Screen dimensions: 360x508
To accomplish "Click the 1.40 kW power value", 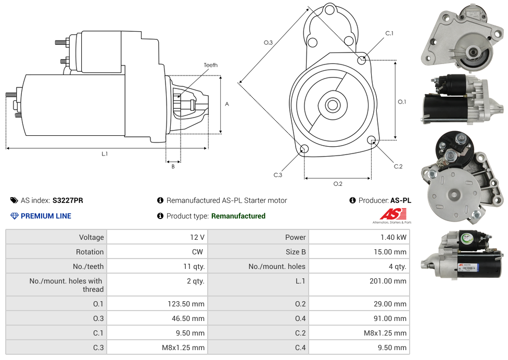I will (x=395, y=237).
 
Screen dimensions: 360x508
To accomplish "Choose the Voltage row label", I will (x=91, y=237).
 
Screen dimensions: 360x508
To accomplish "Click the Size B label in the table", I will (x=296, y=252).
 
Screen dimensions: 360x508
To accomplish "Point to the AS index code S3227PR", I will (x=68, y=200).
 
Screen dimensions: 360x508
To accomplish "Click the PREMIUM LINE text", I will (x=46, y=216).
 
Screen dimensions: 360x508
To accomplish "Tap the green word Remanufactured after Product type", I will (x=238, y=216).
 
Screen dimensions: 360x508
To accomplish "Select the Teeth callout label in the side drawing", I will (x=211, y=65).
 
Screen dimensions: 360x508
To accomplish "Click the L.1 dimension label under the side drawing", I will (x=105, y=154).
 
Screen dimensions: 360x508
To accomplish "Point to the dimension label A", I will (x=227, y=104).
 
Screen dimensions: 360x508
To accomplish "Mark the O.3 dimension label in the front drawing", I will (x=268, y=43).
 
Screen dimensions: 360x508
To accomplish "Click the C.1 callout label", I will (x=389, y=33).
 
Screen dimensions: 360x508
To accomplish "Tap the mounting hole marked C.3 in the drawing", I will (x=305, y=150).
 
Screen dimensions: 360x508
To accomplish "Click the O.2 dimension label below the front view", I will (x=338, y=184).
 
